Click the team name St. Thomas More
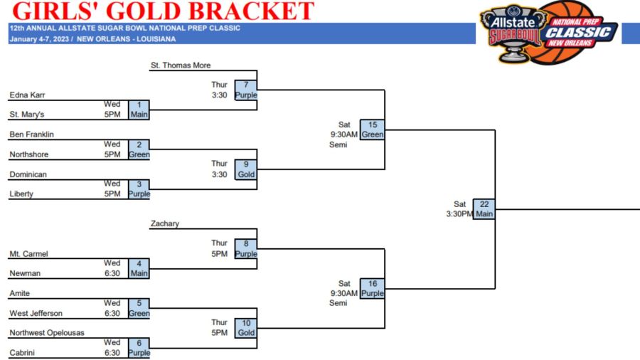point(181,65)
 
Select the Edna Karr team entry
point(27,95)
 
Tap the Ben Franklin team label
point(32,134)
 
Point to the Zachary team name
point(165,223)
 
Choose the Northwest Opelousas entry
point(47,333)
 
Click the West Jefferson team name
point(36,314)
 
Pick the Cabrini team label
point(22,353)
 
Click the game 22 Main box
point(484,209)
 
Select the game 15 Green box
point(372,129)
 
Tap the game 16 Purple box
point(372,289)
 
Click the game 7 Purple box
point(246,90)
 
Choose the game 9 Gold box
point(246,169)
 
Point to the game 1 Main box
point(139,110)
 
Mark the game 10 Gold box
point(246,328)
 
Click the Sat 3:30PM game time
point(459,209)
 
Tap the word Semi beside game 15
point(338,144)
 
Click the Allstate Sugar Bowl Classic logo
point(549,33)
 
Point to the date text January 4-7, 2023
point(40,39)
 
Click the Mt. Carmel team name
point(28,254)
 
